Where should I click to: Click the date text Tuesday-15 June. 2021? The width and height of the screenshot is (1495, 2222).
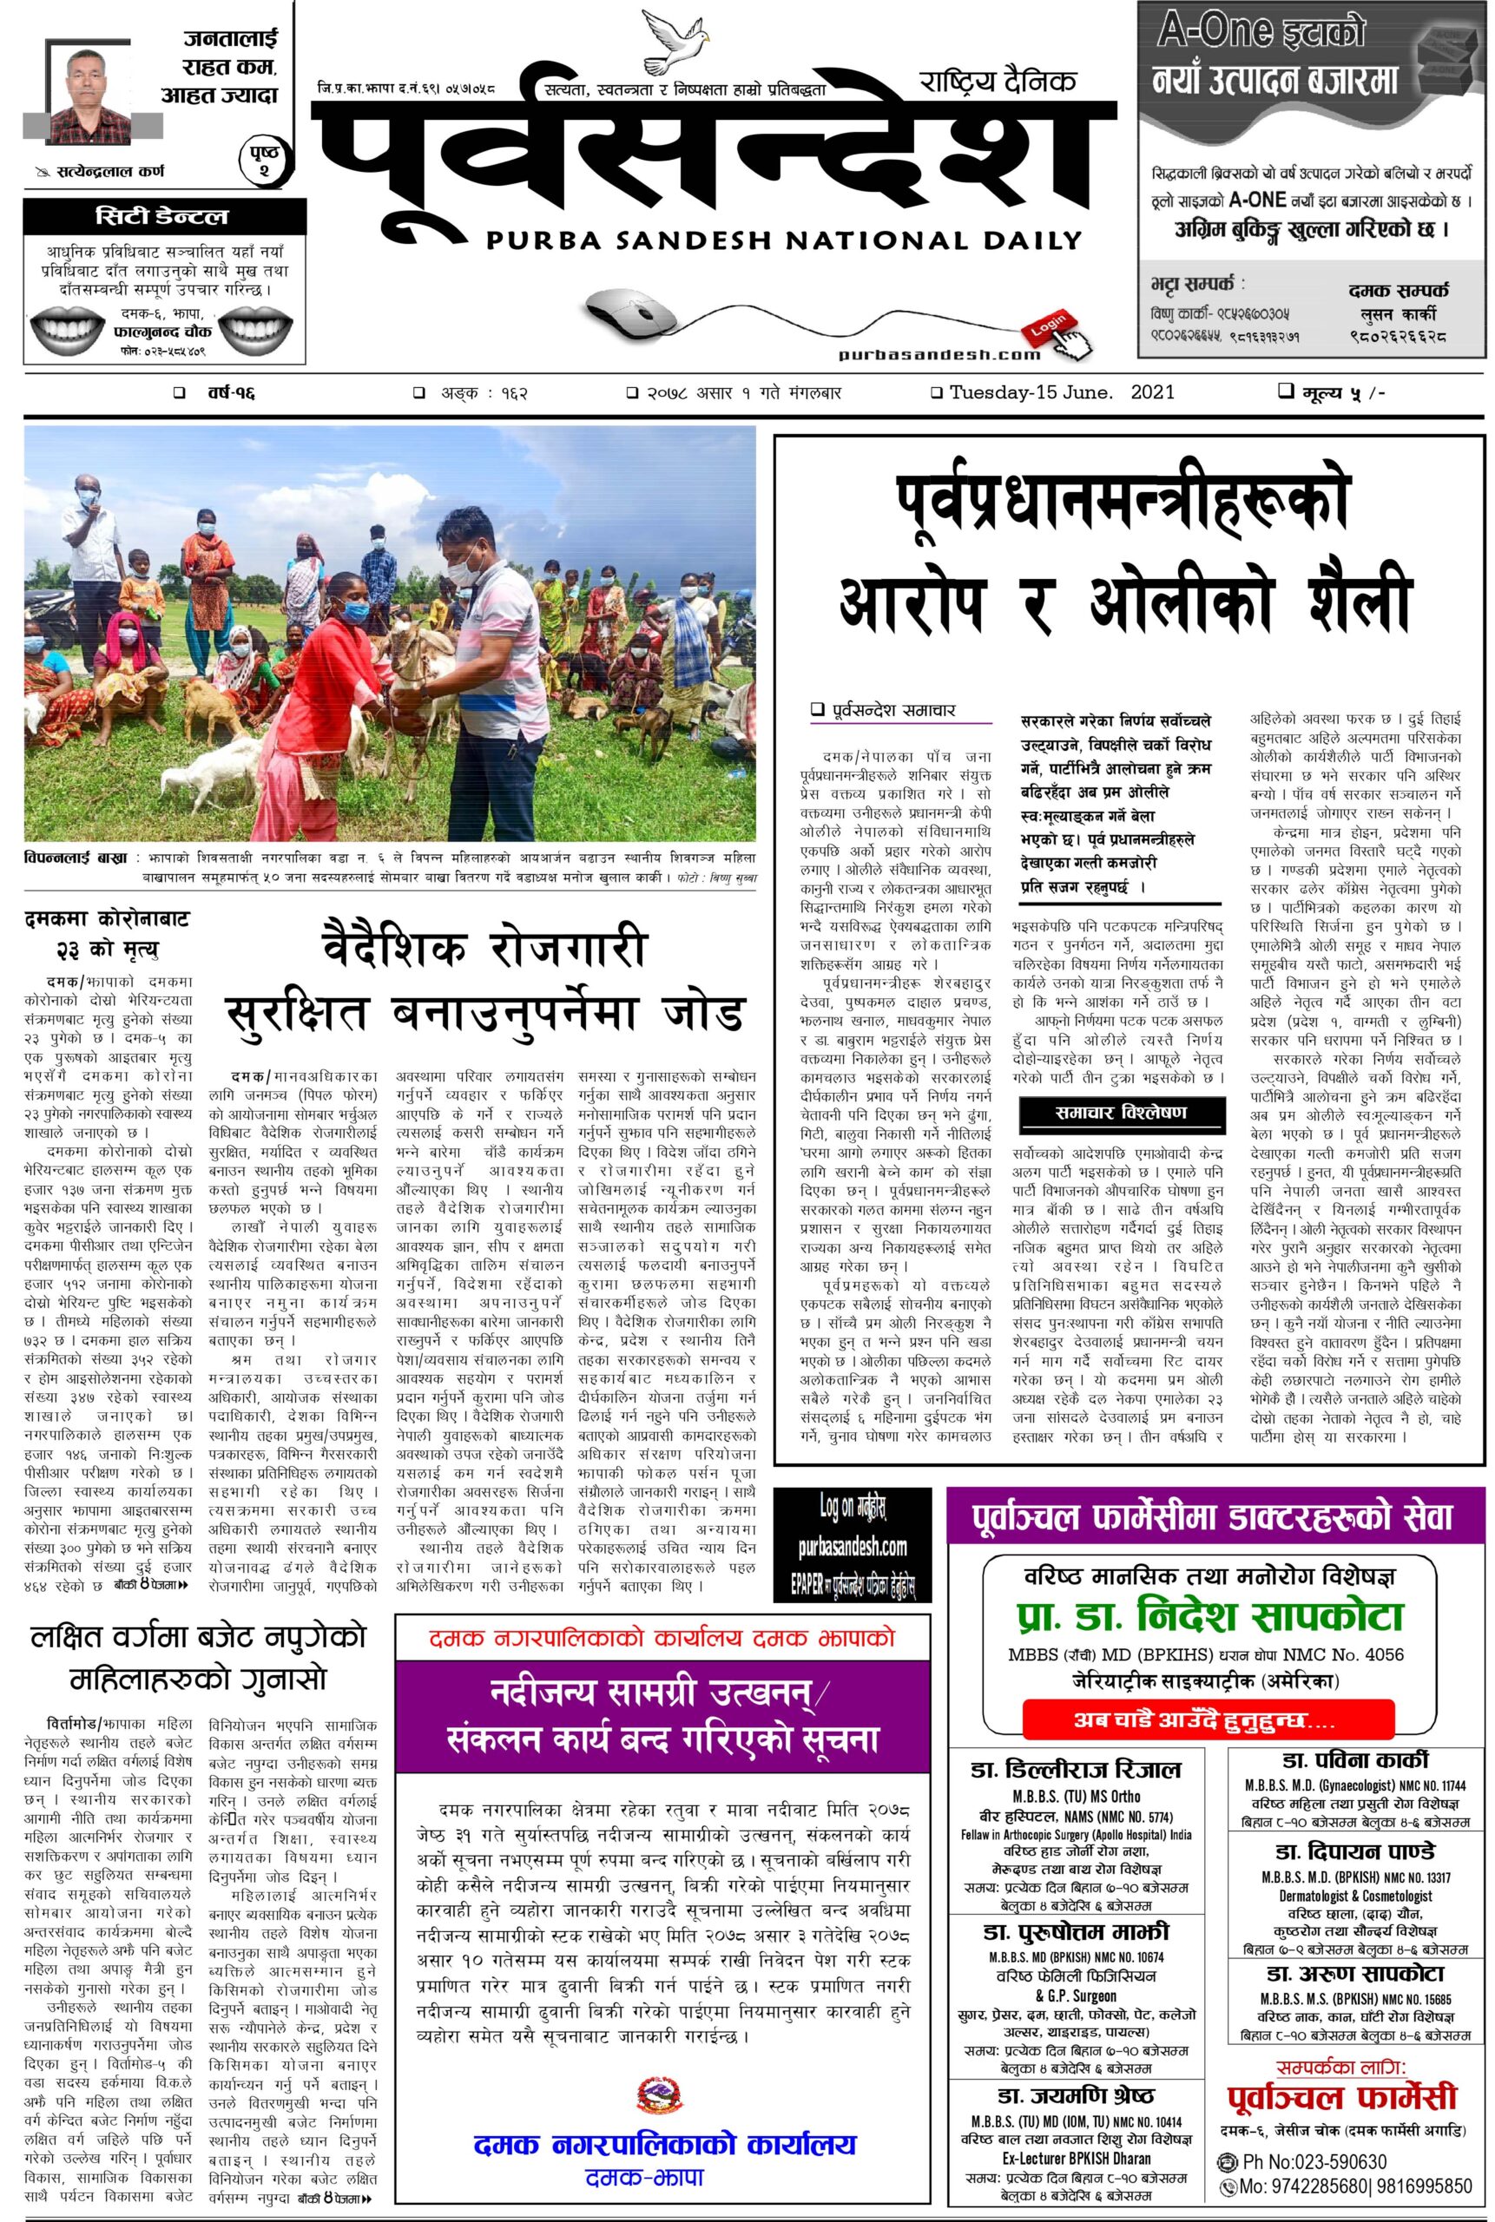pyautogui.click(x=1061, y=392)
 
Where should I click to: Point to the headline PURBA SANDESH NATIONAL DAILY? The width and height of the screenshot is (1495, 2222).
pyautogui.click(x=784, y=240)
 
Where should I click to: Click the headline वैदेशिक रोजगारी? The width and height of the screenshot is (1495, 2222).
pyautogui.click(x=484, y=950)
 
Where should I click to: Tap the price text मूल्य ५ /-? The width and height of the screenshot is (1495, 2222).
pyautogui.click(x=1331, y=392)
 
